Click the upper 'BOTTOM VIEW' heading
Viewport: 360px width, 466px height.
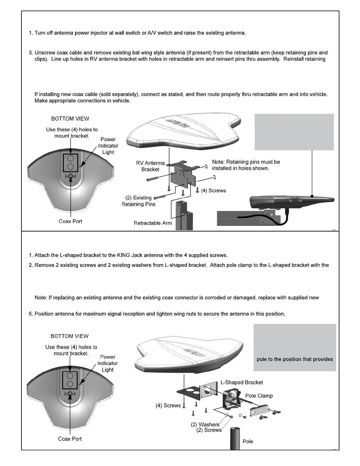pos(70,119)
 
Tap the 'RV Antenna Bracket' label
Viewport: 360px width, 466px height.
pos(150,166)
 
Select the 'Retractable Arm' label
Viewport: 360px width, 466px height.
pos(153,223)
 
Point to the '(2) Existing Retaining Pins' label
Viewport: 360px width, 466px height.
pos(139,201)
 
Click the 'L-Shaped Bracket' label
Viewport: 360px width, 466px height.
pos(241,382)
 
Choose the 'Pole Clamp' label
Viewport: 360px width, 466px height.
pos(259,396)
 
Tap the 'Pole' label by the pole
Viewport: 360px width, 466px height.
pos(248,442)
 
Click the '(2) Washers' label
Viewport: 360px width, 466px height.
pos(205,425)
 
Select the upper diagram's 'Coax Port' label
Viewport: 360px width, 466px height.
pos(70,222)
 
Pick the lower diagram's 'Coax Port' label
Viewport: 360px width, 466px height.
pos(70,439)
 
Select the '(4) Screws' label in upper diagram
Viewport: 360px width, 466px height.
pos(213,191)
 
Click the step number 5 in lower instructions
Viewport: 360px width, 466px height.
pos(31,314)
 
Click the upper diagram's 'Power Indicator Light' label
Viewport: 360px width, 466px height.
pos(108,146)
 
